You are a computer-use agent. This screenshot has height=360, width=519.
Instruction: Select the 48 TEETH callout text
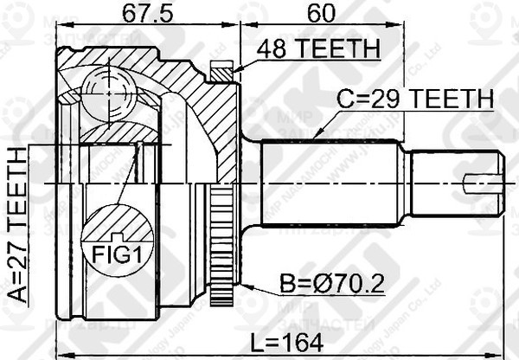pyautogui.click(x=315, y=51)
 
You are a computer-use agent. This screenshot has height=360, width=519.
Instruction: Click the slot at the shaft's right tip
pyautogui.click(x=481, y=183)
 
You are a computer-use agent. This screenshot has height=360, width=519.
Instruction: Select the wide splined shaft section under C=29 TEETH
pyautogui.click(x=329, y=184)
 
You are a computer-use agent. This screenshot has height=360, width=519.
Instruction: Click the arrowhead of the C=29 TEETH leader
pyautogui.click(x=317, y=137)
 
